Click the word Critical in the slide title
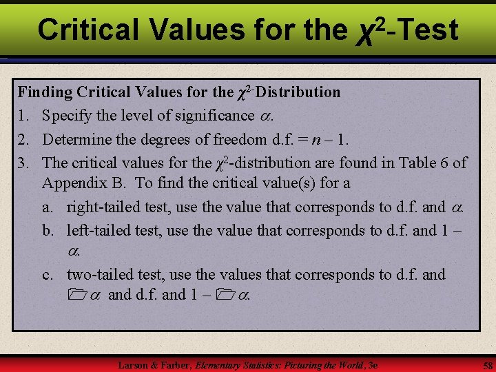pyautogui.click(x=90, y=30)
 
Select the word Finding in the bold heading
pyautogui.click(x=45, y=92)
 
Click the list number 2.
pyautogui.click(x=24, y=139)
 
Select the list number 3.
pyautogui.click(x=24, y=163)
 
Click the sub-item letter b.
pyautogui.click(x=48, y=229)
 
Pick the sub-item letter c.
pyautogui.click(x=48, y=274)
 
